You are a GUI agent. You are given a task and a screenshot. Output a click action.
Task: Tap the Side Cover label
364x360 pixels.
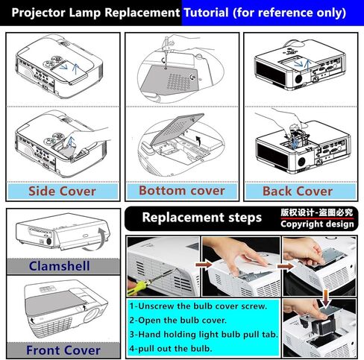(62, 191)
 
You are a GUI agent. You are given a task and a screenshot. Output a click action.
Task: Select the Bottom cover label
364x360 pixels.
(181, 191)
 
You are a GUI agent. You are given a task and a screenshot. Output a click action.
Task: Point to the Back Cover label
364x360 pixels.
(297, 191)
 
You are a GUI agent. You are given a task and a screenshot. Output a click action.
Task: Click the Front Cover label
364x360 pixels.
(63, 350)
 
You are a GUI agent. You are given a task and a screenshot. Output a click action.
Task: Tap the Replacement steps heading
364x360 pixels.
(201, 218)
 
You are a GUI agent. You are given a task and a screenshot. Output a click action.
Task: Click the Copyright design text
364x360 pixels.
(317, 224)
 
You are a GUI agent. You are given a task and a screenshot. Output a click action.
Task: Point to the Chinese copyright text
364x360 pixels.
(317, 212)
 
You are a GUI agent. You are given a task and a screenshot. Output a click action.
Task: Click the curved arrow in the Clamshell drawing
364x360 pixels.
(99, 240)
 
